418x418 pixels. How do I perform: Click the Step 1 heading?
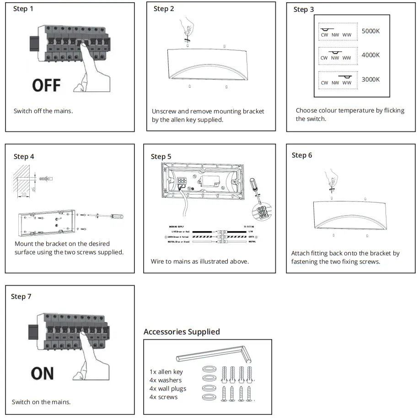tap(23, 9)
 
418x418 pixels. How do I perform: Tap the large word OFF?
tap(47, 85)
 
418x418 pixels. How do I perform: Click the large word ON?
tap(43, 374)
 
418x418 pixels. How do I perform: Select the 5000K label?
tap(370, 31)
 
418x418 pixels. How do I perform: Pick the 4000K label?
tap(370, 55)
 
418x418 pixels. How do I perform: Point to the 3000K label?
tap(370, 79)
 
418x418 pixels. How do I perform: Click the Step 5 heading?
tap(161, 157)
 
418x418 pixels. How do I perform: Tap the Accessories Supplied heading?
tap(182, 331)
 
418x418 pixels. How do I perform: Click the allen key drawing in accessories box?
tap(210, 354)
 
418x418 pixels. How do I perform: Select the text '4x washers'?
tap(166, 380)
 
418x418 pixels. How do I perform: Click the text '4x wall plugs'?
tap(168, 388)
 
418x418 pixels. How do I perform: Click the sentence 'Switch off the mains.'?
tap(43, 111)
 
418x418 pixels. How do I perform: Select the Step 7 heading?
tap(21, 297)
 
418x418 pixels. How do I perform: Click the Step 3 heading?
tap(304, 9)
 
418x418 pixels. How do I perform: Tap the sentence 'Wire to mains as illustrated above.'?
tap(200, 261)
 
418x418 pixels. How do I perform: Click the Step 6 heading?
tap(302, 155)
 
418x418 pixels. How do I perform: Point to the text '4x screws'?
tap(163, 397)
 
